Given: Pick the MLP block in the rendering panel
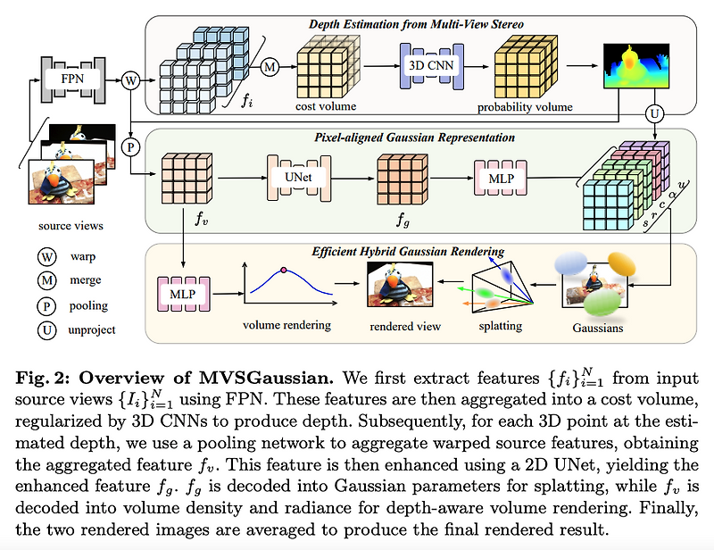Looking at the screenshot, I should pyautogui.click(x=182, y=294).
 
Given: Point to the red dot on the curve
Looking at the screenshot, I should pyautogui.click(x=284, y=270).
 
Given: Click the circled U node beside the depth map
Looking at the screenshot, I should pyautogui.click(x=656, y=114).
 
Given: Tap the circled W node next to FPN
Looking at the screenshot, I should pyautogui.click(x=131, y=80).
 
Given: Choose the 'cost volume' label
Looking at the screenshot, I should pyautogui.click(x=327, y=106).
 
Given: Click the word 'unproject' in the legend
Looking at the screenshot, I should pyautogui.click(x=93, y=329).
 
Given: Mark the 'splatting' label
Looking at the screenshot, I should pyautogui.click(x=500, y=325).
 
